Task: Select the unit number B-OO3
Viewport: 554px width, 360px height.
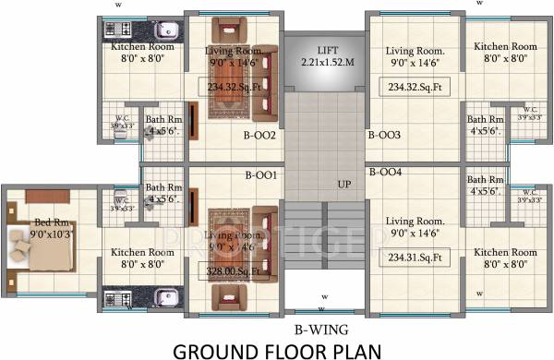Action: coord(383,135)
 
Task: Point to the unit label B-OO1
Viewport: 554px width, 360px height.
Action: coord(260,174)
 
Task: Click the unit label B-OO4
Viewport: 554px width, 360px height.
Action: coord(383,172)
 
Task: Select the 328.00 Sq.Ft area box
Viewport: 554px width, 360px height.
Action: coord(229,270)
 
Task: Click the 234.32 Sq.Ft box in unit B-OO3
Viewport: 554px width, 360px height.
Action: coord(415,87)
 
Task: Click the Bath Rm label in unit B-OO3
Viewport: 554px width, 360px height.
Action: coord(485,126)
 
